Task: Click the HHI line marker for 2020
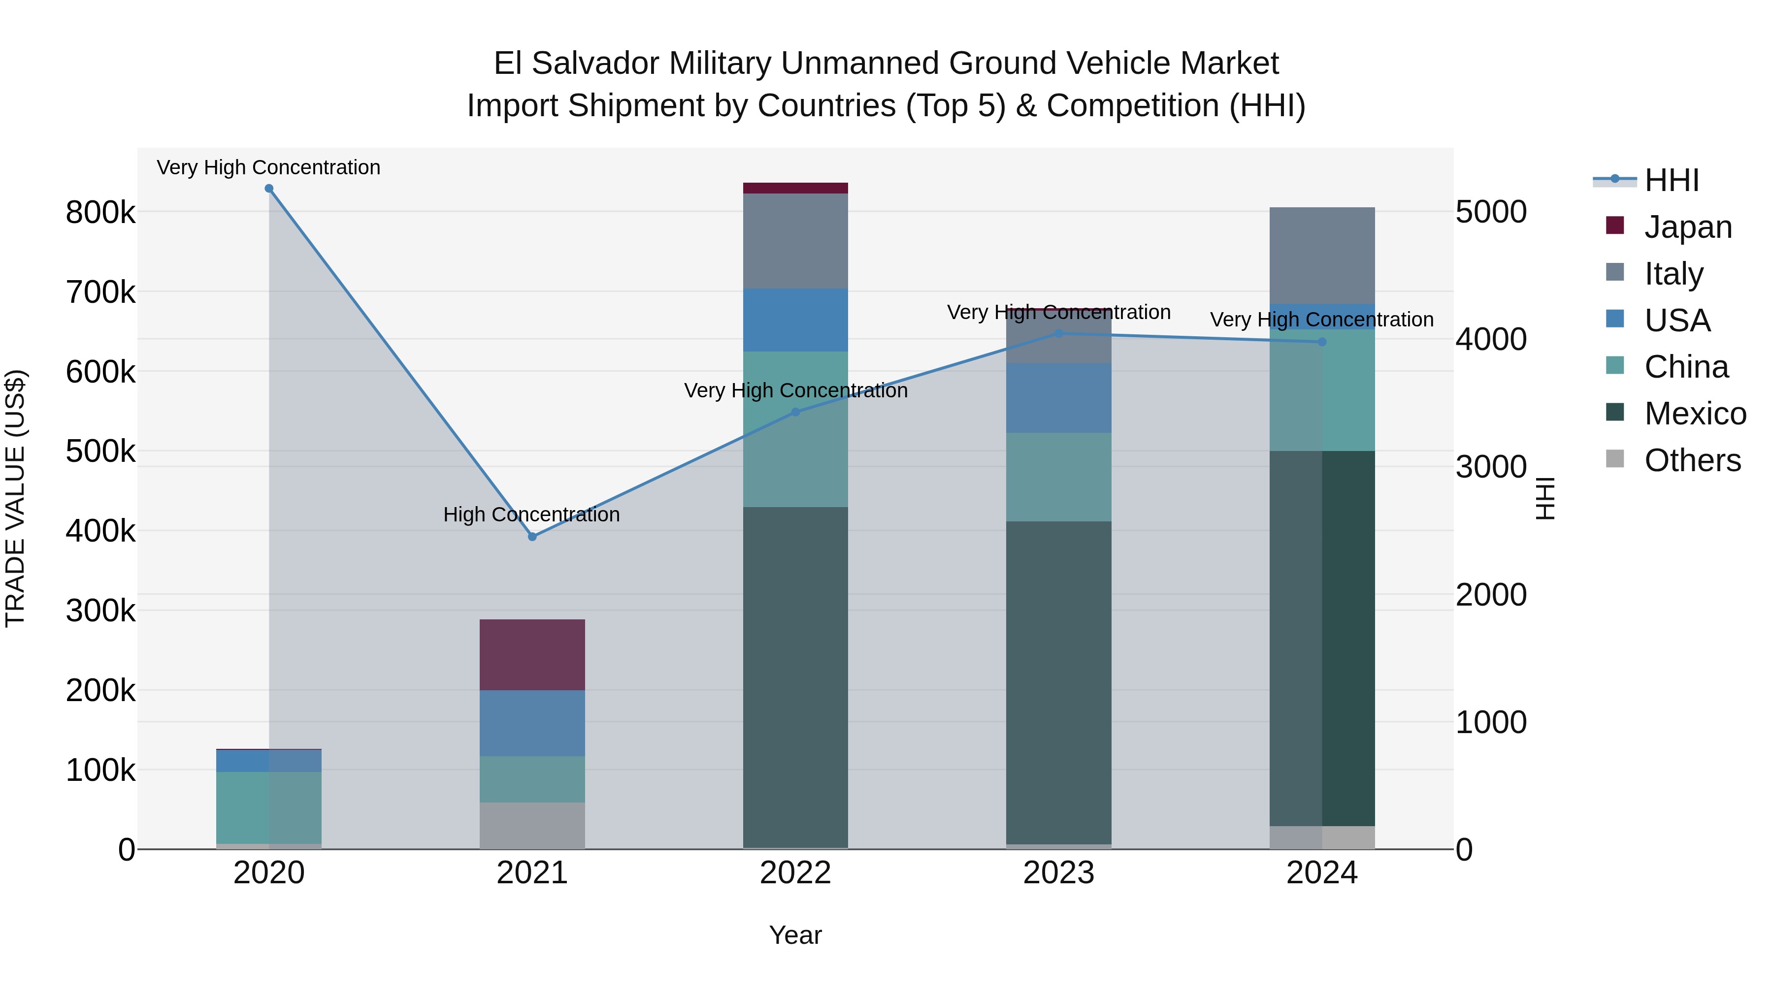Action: click(x=269, y=189)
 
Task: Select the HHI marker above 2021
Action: click(x=532, y=537)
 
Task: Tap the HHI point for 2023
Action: click(x=1058, y=334)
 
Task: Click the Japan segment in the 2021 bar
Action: click(x=532, y=654)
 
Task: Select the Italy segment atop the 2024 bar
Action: click(x=1321, y=255)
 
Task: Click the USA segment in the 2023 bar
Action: click(x=1058, y=398)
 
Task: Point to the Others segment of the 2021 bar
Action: click(x=532, y=825)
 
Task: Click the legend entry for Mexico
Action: click(x=1695, y=414)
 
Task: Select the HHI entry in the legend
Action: click(x=1671, y=181)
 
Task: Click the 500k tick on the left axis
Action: click(x=100, y=452)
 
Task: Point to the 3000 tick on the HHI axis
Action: click(x=1491, y=467)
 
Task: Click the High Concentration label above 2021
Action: click(x=531, y=515)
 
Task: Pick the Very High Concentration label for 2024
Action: click(x=1321, y=320)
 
